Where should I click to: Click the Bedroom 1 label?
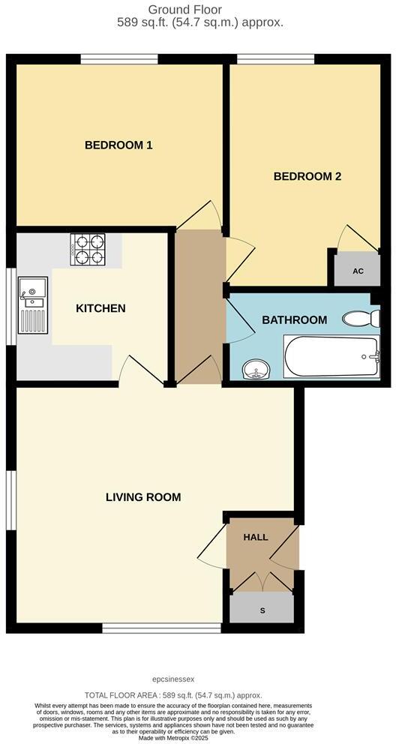click(118, 145)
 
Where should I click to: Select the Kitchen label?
click(100, 308)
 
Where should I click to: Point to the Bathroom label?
click(294, 320)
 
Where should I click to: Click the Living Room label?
click(143, 497)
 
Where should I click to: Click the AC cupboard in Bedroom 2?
click(358, 271)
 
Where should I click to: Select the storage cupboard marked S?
click(262, 609)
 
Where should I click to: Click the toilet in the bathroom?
click(361, 319)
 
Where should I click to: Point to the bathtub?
click(331, 358)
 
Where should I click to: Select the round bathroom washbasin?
click(256, 370)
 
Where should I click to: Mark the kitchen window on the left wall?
click(10, 307)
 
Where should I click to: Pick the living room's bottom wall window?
click(162, 628)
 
